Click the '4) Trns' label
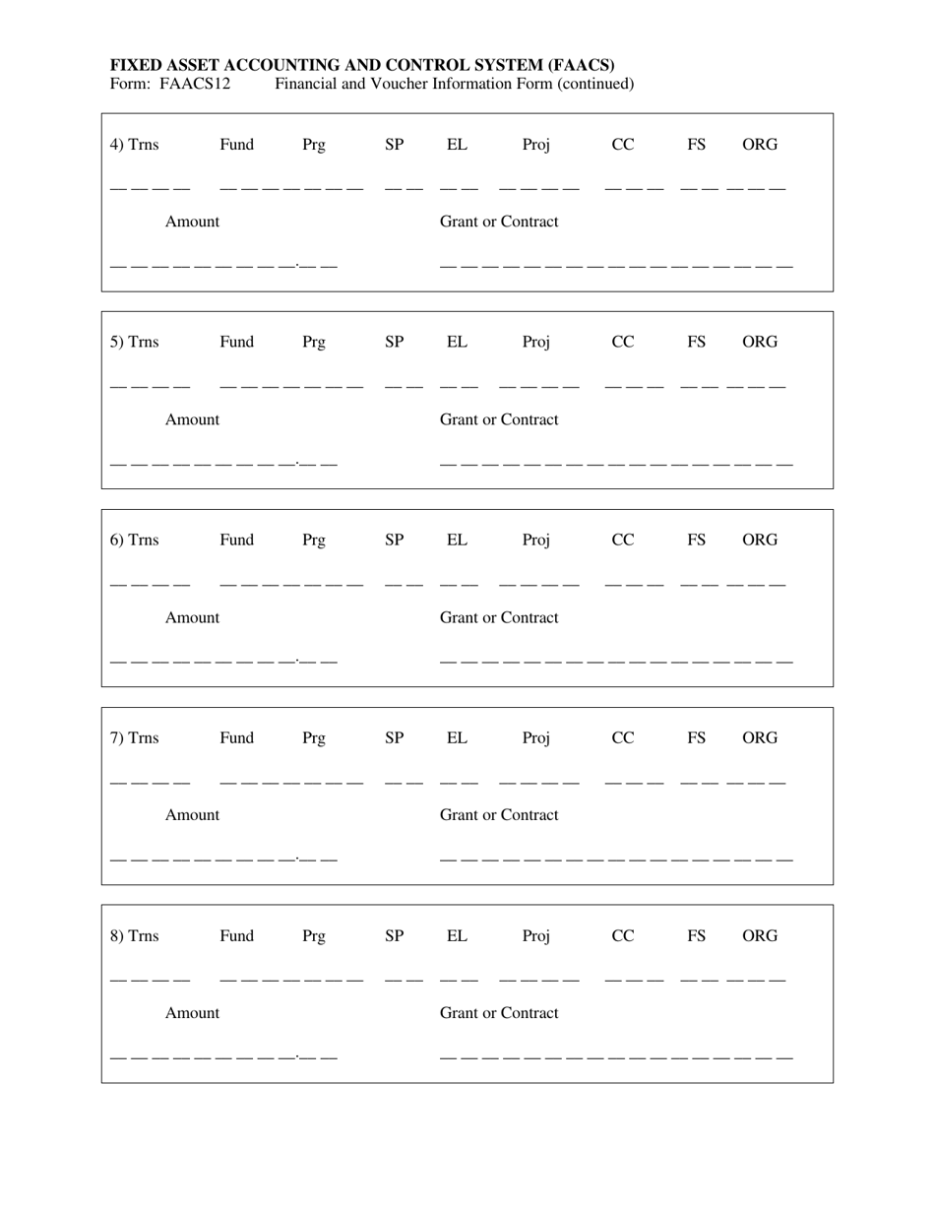(x=134, y=145)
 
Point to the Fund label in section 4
(x=236, y=145)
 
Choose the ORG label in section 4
(x=759, y=145)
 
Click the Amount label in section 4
(x=192, y=222)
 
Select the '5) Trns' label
(x=134, y=343)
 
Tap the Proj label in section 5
(x=535, y=343)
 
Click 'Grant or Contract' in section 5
(x=499, y=419)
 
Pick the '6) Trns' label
(x=134, y=541)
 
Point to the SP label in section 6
(x=394, y=541)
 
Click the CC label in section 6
(x=623, y=541)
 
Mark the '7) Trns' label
(x=134, y=738)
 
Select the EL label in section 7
(x=457, y=738)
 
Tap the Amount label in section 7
(x=192, y=815)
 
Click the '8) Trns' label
(x=134, y=936)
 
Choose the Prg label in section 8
(x=313, y=936)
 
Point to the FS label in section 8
(x=696, y=936)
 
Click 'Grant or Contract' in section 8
(x=499, y=1013)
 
